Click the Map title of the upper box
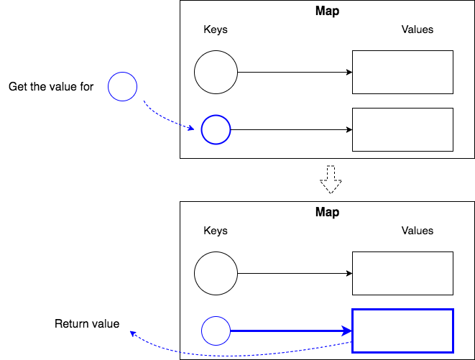[x=327, y=11]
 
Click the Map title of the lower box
[x=327, y=213]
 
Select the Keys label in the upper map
[x=216, y=30]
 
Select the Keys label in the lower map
[x=216, y=231]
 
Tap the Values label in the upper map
[x=418, y=30]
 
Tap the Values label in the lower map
[x=418, y=231]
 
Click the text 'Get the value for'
[x=52, y=87]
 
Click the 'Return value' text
[x=87, y=324]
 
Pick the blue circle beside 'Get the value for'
[x=122, y=87]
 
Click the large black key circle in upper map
[x=216, y=73]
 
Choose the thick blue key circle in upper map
[x=216, y=130]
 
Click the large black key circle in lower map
[x=216, y=274]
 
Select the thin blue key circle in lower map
[x=216, y=331]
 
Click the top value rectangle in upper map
[x=402, y=73]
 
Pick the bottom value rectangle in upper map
[x=402, y=129]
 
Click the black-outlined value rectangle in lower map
[x=402, y=274]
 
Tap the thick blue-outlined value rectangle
[x=402, y=331]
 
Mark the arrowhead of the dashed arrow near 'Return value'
[x=133, y=333]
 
